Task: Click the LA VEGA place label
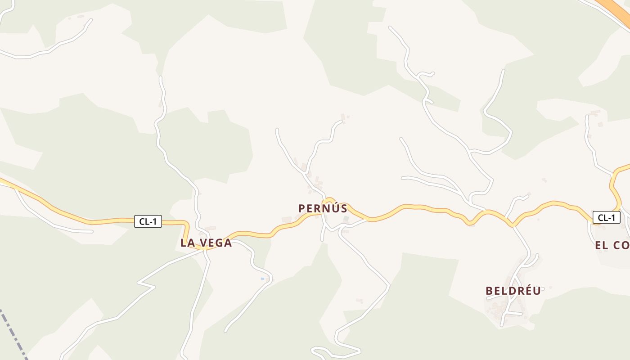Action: [x=206, y=243]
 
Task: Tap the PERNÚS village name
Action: [x=323, y=208]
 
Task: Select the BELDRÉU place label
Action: [x=513, y=291]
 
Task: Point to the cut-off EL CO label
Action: [x=612, y=245]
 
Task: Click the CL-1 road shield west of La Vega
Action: [x=148, y=221]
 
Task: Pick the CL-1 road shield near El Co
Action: [x=606, y=218]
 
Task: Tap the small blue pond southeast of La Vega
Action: [x=262, y=279]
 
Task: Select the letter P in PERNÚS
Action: [x=302, y=208]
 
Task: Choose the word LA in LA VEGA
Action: [x=187, y=243]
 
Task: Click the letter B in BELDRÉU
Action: [x=489, y=291]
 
